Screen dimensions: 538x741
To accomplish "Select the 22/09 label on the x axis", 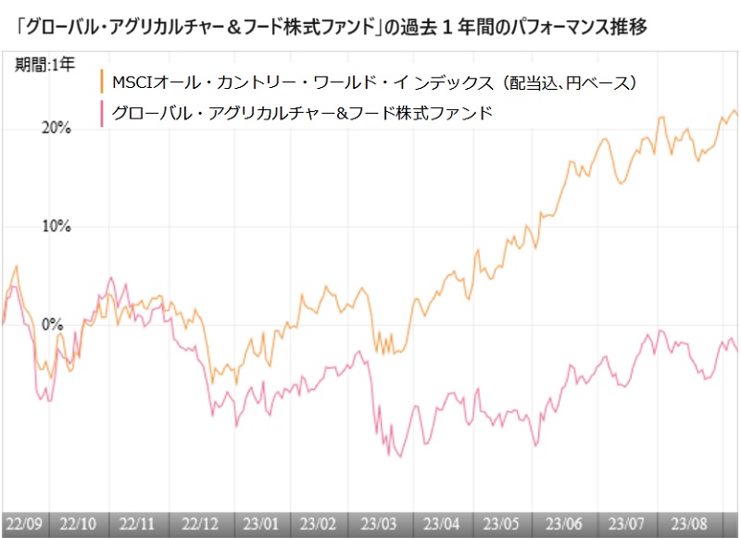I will [x=22, y=523].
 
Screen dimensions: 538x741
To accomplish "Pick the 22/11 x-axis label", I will [x=136, y=523].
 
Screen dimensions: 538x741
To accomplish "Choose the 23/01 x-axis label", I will [x=258, y=523].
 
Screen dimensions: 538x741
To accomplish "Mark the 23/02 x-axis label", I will [x=320, y=523].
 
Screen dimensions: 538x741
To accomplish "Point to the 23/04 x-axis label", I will [x=440, y=523].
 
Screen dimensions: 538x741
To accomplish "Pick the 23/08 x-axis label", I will [x=686, y=523].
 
